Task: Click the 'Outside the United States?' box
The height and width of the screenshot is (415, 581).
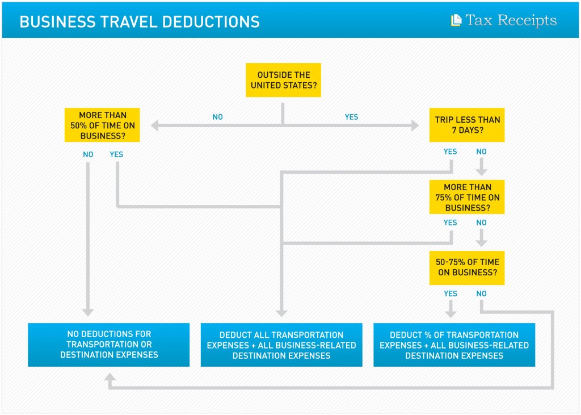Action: pyautogui.click(x=284, y=80)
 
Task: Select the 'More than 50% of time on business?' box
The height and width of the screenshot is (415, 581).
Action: pyautogui.click(x=102, y=125)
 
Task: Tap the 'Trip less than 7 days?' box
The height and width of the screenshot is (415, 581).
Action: pyautogui.click(x=467, y=125)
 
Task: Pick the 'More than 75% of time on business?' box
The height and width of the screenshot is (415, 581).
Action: pyautogui.click(x=467, y=197)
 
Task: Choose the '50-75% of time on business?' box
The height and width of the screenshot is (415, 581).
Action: pyautogui.click(x=467, y=268)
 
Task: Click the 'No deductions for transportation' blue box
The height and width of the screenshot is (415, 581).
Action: pyautogui.click(x=109, y=345)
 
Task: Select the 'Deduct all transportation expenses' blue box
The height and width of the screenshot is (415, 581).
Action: pyautogui.click(x=281, y=345)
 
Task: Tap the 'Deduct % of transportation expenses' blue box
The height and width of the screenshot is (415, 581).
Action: pyautogui.click(x=454, y=345)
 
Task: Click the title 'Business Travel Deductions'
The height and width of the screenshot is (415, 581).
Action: pyautogui.click(x=140, y=22)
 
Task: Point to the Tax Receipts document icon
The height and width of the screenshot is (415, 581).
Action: pyautogui.click(x=456, y=20)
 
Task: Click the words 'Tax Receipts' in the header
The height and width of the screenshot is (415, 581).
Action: pyautogui.click(x=511, y=20)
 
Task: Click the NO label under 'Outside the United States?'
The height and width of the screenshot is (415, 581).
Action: pyautogui.click(x=217, y=117)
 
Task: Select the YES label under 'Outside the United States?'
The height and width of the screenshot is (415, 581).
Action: pyautogui.click(x=351, y=117)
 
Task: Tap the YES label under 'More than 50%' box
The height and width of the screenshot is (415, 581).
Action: pyautogui.click(x=116, y=154)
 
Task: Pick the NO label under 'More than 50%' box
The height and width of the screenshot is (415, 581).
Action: pyautogui.click(x=88, y=154)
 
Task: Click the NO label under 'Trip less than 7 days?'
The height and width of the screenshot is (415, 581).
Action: pyautogui.click(x=481, y=152)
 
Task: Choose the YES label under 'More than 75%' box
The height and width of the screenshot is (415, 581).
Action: pyautogui.click(x=450, y=223)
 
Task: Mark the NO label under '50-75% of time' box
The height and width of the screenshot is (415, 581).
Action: pyautogui.click(x=481, y=294)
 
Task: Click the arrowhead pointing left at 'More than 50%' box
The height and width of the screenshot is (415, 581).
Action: pyautogui.click(x=154, y=125)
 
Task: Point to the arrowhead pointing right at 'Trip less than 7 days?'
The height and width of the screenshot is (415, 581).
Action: pyautogui.click(x=415, y=125)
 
